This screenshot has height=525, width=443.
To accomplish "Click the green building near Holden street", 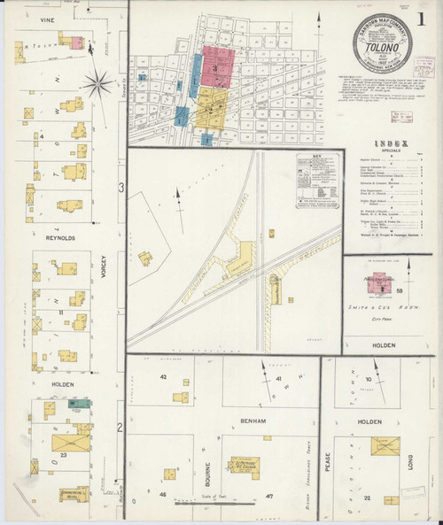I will click(x=80, y=403).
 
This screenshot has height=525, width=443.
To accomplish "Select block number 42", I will click(x=163, y=377).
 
